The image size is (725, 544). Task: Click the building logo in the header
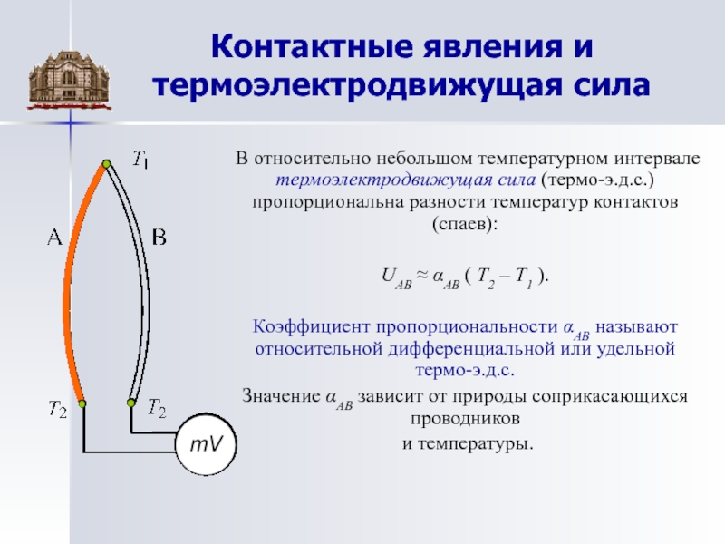point(70,80)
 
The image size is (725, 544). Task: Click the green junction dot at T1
point(106,164)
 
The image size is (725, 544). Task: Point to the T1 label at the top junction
point(140,160)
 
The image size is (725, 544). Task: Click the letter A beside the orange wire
point(54,238)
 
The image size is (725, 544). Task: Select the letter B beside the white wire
point(159,238)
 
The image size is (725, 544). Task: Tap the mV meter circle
point(207,444)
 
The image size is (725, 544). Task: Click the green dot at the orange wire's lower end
point(82,403)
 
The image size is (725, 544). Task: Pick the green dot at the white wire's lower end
point(130,403)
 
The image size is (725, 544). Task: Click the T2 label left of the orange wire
point(58,409)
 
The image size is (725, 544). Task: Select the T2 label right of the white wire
point(157,408)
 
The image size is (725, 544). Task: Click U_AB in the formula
point(396,278)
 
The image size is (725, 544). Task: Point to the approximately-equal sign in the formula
point(421,275)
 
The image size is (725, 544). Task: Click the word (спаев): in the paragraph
point(465,224)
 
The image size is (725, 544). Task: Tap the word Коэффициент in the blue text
point(311,326)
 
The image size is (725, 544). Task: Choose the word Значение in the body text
point(281,396)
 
